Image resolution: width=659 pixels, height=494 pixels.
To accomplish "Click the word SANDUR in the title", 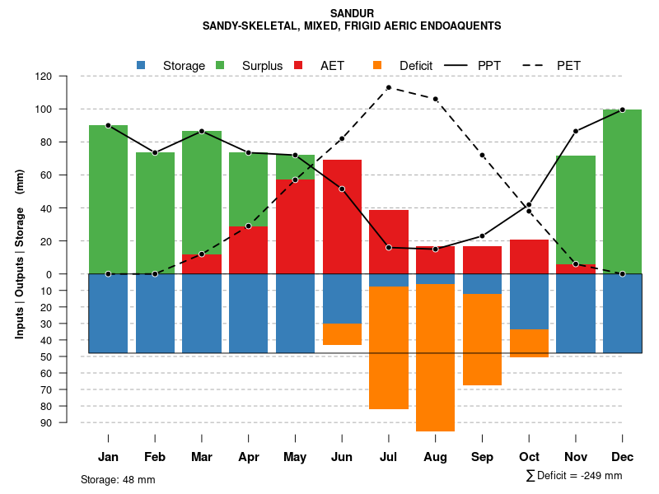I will point(352,13).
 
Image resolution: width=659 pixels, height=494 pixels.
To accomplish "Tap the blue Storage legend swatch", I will point(141,65).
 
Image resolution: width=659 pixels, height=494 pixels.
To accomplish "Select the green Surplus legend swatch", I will point(220,65).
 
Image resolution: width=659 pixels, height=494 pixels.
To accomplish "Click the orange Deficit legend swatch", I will point(377,65).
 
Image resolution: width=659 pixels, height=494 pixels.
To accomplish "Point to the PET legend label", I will point(568,65).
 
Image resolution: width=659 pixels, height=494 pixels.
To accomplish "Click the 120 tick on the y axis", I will point(66,76).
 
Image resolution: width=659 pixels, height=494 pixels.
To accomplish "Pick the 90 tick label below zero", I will point(68,422).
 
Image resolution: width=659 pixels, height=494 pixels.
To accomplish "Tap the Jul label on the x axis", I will point(389,457).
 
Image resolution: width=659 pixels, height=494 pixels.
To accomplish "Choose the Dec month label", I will point(623,457).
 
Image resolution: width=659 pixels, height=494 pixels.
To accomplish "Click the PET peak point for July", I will point(389,87).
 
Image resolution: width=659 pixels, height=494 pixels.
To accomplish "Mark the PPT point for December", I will point(623,110).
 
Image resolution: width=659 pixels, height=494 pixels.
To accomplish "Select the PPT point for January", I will point(108,125).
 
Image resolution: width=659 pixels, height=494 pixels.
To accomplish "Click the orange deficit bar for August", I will point(436,357).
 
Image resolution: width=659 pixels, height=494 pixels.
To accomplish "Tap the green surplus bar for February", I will point(155,212).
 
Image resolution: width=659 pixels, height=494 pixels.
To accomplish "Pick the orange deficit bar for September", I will point(483,339).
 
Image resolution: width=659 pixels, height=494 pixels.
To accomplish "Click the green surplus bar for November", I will point(576,209).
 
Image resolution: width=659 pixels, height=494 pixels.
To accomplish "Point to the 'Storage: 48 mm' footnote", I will point(118,479).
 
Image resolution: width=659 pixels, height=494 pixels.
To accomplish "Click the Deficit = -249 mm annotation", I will point(574,476).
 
